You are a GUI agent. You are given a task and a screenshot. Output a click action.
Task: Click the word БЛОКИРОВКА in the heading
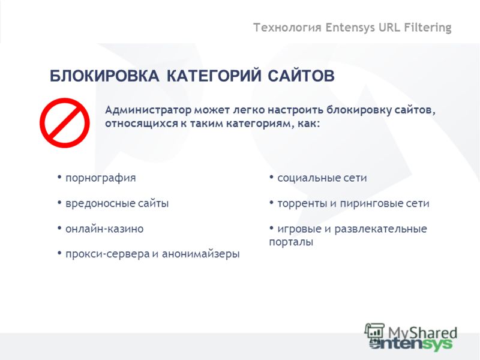104,76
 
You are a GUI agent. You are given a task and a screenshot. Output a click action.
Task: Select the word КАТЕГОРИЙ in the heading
214,76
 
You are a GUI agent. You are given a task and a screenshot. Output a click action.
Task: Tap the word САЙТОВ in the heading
301,76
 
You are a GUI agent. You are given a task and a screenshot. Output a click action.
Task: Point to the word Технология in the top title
287,28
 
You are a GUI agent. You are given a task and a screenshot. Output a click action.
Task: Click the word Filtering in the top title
428,28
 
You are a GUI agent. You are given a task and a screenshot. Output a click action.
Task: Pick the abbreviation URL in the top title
389,27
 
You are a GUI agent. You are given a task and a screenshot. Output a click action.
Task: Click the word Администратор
148,110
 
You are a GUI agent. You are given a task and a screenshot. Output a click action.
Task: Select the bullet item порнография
100,178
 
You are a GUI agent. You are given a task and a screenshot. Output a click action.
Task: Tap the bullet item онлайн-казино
104,229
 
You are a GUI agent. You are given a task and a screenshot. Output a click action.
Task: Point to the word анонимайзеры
200,254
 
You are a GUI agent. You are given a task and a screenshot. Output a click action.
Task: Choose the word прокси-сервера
107,254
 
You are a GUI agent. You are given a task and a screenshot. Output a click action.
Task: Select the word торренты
302,204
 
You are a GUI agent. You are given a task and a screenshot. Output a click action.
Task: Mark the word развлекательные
380,229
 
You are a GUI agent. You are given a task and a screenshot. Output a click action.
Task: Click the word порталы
291,242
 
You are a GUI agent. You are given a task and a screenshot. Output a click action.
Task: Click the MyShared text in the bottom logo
422,333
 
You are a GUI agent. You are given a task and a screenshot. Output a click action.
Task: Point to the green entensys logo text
410,344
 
